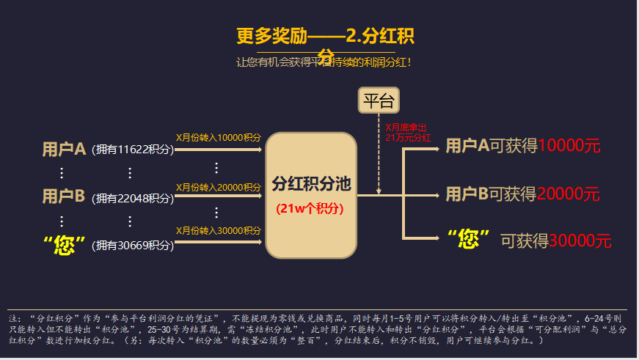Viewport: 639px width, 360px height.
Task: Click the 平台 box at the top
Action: click(x=379, y=100)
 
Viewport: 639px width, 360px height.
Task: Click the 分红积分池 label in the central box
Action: click(x=311, y=183)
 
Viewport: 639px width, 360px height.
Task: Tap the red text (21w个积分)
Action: click(x=310, y=208)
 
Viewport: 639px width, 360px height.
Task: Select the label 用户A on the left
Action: click(x=64, y=150)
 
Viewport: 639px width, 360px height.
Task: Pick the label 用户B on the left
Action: click(x=64, y=196)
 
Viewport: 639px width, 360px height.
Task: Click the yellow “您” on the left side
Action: click(x=65, y=244)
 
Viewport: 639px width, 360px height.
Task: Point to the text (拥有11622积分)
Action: click(x=133, y=150)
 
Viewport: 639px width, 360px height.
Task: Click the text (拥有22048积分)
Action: click(x=133, y=198)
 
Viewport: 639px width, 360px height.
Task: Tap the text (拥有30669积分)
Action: click(x=133, y=246)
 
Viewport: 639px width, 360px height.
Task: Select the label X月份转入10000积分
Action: click(x=219, y=138)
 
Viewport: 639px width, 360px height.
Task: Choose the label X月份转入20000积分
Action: click(x=219, y=188)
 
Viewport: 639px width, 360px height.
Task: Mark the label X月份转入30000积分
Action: click(x=219, y=231)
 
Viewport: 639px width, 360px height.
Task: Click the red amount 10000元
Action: click(x=569, y=146)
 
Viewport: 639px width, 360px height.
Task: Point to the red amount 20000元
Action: click(x=568, y=194)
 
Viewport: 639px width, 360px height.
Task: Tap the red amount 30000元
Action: click(x=580, y=240)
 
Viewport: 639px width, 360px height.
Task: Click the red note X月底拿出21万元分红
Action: click(x=407, y=132)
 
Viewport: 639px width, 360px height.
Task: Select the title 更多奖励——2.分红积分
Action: click(x=330, y=37)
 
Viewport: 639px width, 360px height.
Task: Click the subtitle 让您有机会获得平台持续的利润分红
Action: click(x=324, y=62)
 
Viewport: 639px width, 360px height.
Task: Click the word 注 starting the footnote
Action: click(x=13, y=320)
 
